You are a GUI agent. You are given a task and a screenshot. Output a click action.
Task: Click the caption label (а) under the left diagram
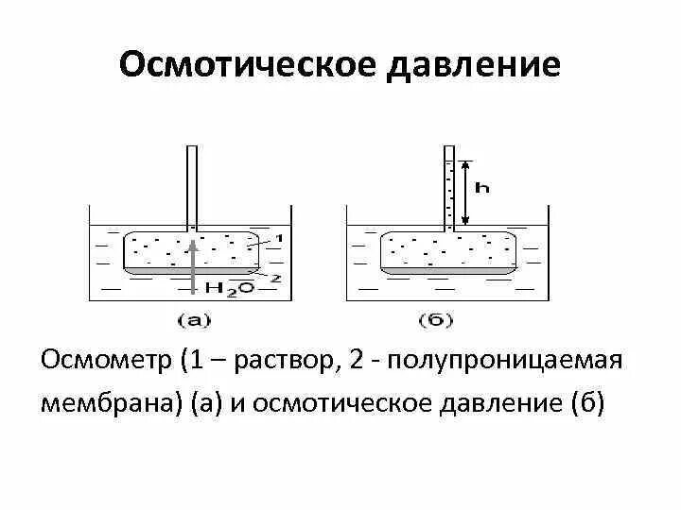coord(194,319)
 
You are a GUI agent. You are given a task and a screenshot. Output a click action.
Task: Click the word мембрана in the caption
coord(112,403)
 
